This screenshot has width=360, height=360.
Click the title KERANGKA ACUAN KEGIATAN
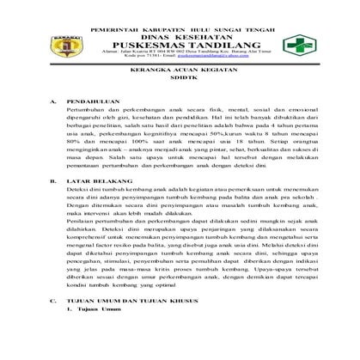[180, 97]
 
